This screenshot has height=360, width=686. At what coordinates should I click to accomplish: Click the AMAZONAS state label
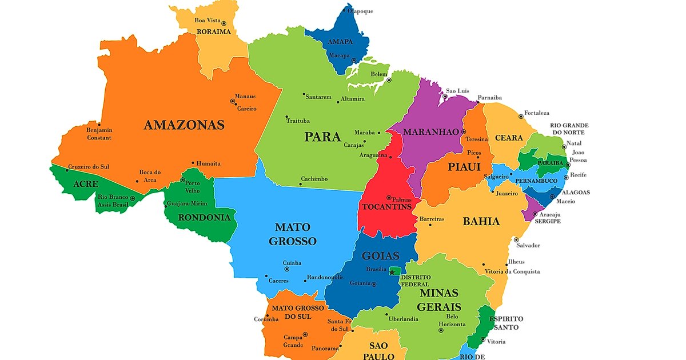coord(184,125)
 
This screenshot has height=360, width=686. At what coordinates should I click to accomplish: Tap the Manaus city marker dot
coord(233,101)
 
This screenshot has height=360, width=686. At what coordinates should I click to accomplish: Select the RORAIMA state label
coord(213,32)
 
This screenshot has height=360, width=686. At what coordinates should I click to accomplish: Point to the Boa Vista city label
coord(208,20)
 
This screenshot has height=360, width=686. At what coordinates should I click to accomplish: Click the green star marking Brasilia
coord(392,272)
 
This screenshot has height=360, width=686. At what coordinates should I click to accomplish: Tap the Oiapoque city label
coord(360,10)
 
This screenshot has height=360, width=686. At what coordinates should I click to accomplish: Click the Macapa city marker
coord(354,61)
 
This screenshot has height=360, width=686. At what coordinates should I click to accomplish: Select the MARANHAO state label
coord(431,132)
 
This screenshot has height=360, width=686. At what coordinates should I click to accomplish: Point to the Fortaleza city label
coord(537,113)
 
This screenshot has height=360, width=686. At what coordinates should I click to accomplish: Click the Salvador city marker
coord(516,240)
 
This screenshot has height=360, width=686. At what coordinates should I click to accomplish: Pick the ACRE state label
coord(86,184)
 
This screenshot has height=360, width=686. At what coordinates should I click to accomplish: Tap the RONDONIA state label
coord(204,218)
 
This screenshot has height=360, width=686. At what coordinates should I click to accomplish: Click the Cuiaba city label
coord(292,263)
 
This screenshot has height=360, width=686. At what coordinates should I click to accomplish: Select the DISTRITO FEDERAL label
coord(416,281)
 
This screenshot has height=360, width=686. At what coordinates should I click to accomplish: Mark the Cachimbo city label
coord(314,179)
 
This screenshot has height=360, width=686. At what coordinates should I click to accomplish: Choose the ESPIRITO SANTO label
coord(505,323)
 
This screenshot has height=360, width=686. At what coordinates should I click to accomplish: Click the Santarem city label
coord(318,97)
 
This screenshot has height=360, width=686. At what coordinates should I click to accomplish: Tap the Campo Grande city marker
coord(305,335)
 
